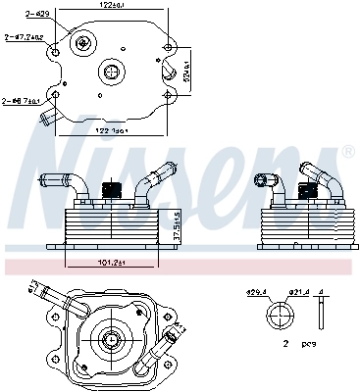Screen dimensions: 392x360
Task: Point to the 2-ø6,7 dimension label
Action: point(19,101)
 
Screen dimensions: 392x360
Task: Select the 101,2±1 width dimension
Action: point(110,263)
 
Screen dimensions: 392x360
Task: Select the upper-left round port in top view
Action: point(86,43)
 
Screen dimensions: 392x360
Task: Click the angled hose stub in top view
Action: point(46,120)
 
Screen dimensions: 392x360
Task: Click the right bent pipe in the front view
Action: point(152,183)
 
